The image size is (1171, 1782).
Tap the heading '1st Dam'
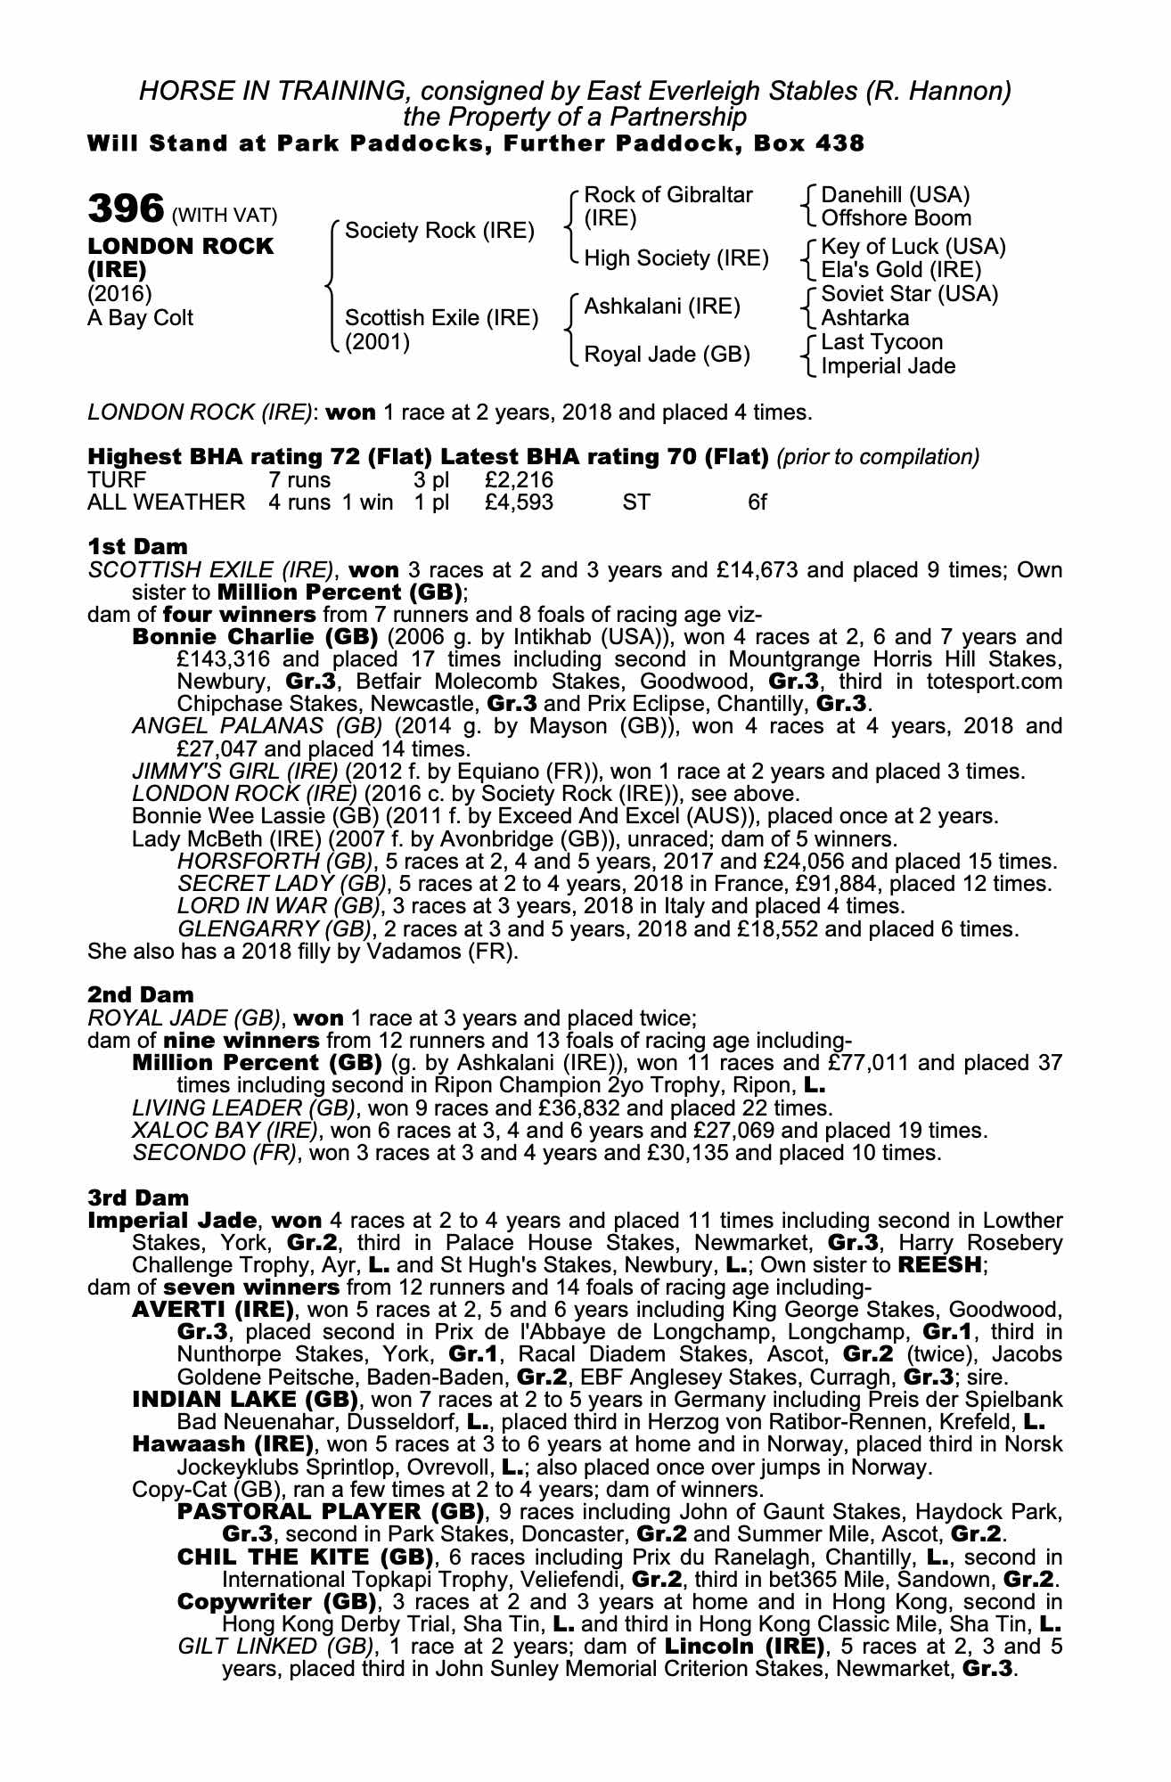pos(137,546)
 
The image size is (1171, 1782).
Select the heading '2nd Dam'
pos(140,993)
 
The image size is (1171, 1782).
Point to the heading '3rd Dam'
pos(138,1198)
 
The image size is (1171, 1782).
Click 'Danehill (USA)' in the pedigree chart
pos(895,195)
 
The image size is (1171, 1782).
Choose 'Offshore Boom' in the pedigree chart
pos(896,218)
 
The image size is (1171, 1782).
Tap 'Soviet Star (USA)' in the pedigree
pos(909,294)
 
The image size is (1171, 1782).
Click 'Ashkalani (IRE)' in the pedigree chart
pos(662,307)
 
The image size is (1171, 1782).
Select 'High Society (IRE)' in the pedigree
pos(676,258)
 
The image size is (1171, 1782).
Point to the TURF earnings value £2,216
pos(519,480)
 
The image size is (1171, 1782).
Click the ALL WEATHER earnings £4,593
pos(519,503)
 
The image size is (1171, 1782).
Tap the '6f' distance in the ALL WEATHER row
pos(757,503)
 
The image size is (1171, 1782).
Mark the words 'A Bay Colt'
pos(140,318)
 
